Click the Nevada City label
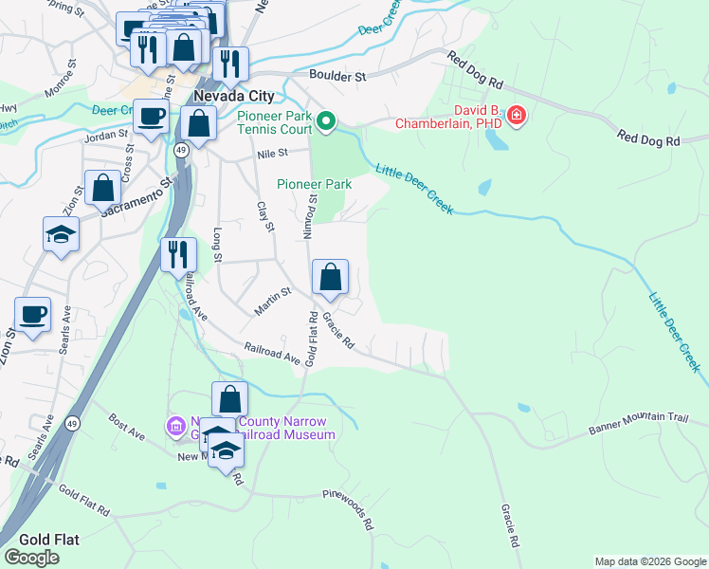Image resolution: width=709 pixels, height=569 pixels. (233, 97)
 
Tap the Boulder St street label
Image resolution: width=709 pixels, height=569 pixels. (337, 74)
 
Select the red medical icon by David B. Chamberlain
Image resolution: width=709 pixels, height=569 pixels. (517, 117)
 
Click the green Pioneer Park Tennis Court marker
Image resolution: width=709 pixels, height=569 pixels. (326, 120)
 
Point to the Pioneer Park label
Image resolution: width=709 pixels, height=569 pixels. (315, 184)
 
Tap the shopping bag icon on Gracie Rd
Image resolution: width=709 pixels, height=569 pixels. (331, 277)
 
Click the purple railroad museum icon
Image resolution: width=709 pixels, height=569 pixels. (175, 427)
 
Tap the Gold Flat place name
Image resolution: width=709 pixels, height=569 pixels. (40, 539)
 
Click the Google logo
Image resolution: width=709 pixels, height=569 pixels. (31, 557)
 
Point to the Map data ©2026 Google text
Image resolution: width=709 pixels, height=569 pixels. (649, 561)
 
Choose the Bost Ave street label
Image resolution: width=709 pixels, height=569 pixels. (126, 426)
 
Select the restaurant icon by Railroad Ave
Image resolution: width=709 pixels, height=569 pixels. (178, 254)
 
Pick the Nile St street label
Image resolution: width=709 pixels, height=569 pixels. (269, 153)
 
